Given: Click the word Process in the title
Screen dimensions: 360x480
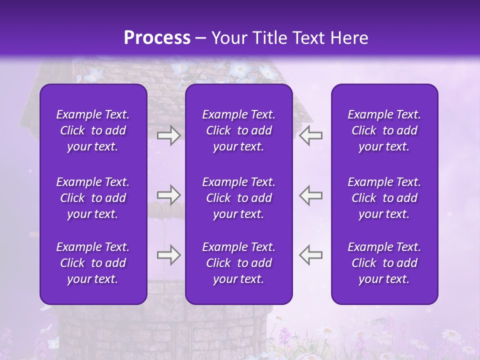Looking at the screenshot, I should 157,38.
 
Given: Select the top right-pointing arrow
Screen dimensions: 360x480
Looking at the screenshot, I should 168,135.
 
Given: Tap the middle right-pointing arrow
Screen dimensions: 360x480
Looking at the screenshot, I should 168,195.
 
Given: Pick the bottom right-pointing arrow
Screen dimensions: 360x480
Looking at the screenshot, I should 168,255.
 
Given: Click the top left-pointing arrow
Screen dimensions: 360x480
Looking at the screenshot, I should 310,135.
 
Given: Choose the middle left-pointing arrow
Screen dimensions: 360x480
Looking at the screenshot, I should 310,195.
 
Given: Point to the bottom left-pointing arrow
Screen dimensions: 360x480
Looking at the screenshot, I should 310,255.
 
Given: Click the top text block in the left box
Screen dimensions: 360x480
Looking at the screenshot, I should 93,130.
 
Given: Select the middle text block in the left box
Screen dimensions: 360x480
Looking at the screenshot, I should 93,198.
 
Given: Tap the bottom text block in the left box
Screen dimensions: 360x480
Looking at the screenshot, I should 93,263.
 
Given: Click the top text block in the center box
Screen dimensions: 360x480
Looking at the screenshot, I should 238,130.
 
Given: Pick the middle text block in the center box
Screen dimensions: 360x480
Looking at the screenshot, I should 238,198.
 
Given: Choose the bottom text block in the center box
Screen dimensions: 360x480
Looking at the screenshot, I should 238,263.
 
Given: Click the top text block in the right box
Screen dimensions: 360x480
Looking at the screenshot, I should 384,130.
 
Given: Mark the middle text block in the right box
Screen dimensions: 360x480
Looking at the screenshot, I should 384,198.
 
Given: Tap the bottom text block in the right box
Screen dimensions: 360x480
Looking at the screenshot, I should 384,263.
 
